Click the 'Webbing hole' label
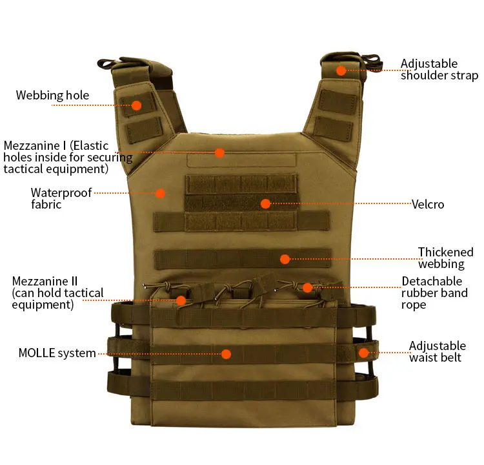click(x=53, y=96)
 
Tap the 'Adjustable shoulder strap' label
click(x=439, y=70)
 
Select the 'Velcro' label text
click(x=428, y=205)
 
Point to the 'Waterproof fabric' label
click(x=61, y=198)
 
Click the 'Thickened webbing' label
click(x=445, y=258)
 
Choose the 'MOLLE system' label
click(x=57, y=353)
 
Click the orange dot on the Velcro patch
click(x=265, y=203)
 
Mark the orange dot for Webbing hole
click(x=137, y=105)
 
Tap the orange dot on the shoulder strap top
click(x=341, y=70)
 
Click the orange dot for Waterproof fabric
click(x=160, y=192)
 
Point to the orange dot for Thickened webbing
click(x=285, y=259)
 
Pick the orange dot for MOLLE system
click(x=226, y=353)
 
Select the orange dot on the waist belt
click(x=363, y=353)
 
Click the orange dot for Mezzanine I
click(x=219, y=152)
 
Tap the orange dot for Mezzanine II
click(x=181, y=300)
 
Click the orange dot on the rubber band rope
click(x=307, y=287)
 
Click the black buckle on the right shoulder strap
click(x=372, y=62)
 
